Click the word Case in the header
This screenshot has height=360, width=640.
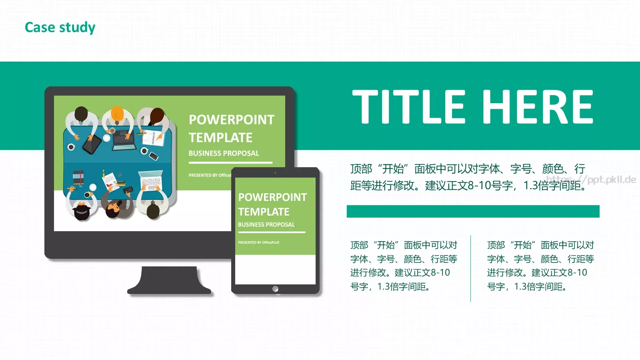point(40,27)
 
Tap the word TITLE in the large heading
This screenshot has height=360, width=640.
point(408,106)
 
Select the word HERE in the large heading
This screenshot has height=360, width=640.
point(538,106)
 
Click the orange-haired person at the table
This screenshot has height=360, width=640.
point(117,116)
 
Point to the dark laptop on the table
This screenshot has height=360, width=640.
point(124,141)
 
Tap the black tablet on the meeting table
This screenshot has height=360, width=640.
point(92,144)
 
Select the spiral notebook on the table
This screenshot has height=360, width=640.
point(152,138)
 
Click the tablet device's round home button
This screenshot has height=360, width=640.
point(275,289)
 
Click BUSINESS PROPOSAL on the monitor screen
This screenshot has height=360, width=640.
point(224,153)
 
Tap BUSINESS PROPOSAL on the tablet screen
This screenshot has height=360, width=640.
point(266,225)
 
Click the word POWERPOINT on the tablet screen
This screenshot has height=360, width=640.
point(272,197)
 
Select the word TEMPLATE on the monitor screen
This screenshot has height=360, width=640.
point(220,138)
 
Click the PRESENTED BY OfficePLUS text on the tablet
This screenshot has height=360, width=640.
point(258,242)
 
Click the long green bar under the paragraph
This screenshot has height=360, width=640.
point(473,211)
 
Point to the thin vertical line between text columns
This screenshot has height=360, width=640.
point(470,268)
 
